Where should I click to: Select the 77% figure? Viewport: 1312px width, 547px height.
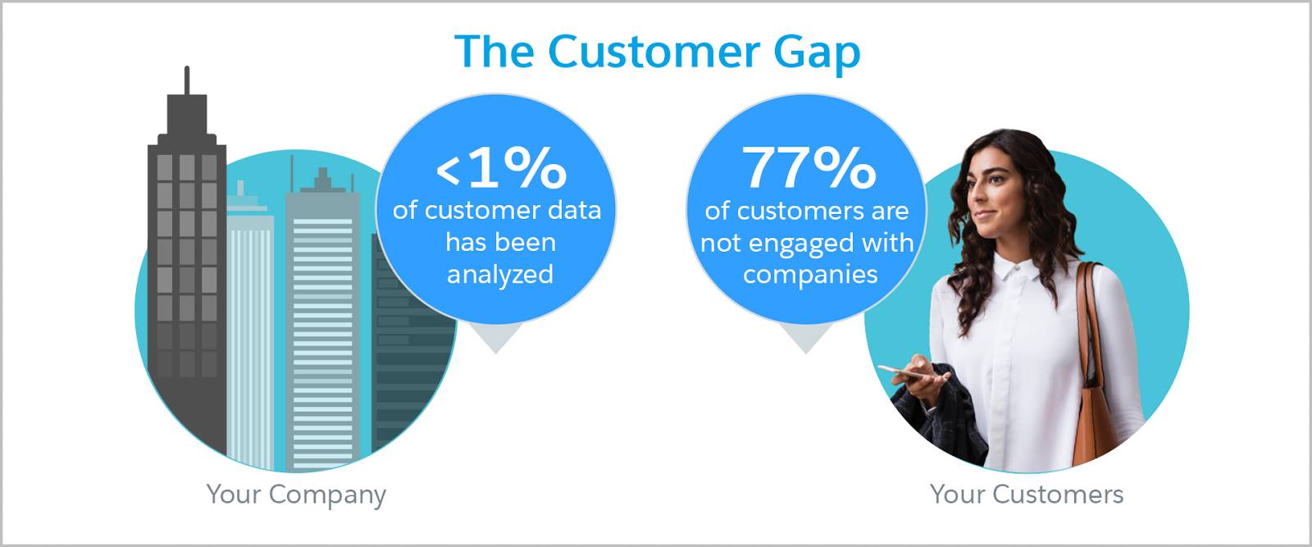(809, 167)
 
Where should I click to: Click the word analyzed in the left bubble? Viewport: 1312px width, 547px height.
(500, 275)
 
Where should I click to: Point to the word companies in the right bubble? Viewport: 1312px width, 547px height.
(810, 275)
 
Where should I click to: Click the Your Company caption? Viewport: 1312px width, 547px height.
(296, 495)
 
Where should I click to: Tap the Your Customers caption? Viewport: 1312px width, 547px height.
(1026, 494)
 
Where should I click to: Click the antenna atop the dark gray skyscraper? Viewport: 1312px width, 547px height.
(187, 80)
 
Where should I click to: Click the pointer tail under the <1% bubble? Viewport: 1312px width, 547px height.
(496, 338)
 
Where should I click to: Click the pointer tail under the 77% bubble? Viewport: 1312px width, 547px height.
(806, 338)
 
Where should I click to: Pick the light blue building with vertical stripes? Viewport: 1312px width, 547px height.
(250, 334)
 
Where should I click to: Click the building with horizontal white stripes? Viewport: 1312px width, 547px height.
(323, 328)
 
